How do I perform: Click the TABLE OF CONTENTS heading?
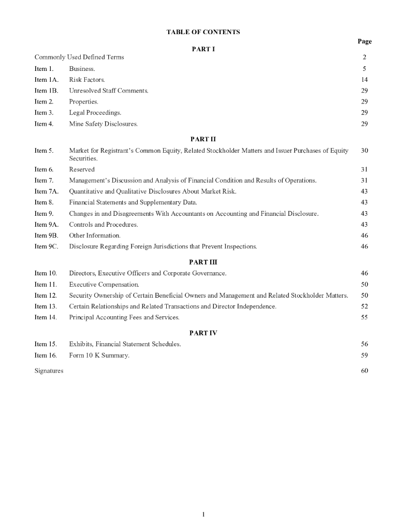tap(203, 32)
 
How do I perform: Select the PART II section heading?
tap(203, 139)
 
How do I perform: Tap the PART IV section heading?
tap(203, 333)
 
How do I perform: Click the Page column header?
tap(365, 41)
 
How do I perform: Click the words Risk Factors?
tap(87, 80)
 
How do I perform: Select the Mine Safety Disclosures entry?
tap(103, 124)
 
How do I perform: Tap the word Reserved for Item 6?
tap(82, 169)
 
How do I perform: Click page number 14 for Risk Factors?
tap(365, 80)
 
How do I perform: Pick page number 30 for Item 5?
tap(365, 151)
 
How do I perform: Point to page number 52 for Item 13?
tap(365, 306)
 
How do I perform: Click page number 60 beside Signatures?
tap(365, 371)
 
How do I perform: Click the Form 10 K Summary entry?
tap(99, 355)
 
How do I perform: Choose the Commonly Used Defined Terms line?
tap(79, 57)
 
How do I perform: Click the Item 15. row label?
tap(45, 344)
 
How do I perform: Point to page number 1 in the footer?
tap(203, 514)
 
